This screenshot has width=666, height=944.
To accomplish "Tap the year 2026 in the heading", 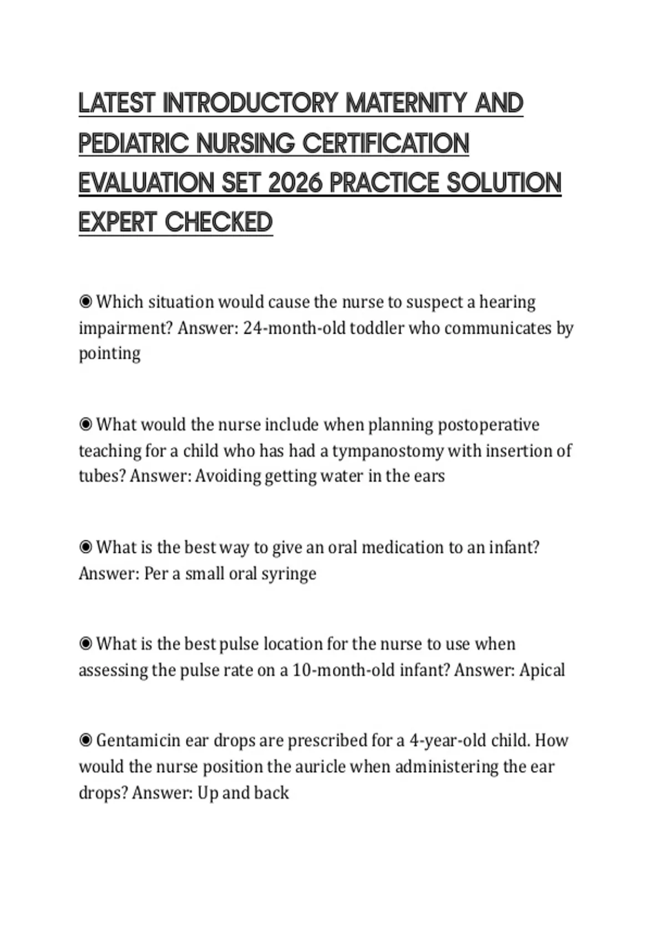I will (x=294, y=183).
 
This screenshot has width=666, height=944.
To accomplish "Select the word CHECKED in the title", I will (x=219, y=223).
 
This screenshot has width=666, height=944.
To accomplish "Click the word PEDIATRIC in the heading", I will (x=134, y=143).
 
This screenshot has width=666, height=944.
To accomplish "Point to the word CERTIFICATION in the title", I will (x=386, y=143).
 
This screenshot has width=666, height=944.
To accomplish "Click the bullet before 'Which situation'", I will (x=85, y=302).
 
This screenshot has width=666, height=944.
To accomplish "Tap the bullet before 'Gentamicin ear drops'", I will (x=85, y=741).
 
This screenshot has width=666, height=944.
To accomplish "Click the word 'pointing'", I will (x=109, y=354).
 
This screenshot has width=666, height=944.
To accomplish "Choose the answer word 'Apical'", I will (x=542, y=670).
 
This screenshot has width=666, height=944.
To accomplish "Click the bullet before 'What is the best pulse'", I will (x=85, y=644).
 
